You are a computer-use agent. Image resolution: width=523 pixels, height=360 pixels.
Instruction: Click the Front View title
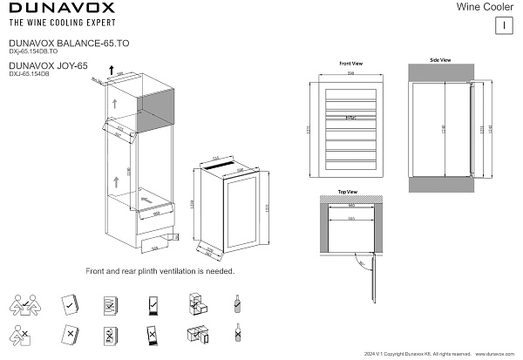click(x=351, y=65)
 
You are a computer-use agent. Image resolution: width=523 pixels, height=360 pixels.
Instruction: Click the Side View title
click(x=440, y=60)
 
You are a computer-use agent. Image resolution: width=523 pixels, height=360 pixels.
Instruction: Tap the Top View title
click(x=347, y=191)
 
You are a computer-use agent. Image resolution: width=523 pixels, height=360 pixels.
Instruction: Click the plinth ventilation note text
click(x=160, y=271)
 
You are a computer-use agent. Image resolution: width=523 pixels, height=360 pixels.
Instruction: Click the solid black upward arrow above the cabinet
click(x=111, y=82)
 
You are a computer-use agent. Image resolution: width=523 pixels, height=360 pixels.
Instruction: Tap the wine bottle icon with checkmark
click(x=237, y=303)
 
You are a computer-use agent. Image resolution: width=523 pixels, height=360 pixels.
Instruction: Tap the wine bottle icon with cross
click(x=237, y=333)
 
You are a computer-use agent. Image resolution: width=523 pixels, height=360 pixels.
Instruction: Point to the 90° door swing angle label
click(x=359, y=259)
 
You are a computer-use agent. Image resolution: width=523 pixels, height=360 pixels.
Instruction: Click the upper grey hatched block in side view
click(x=440, y=72)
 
